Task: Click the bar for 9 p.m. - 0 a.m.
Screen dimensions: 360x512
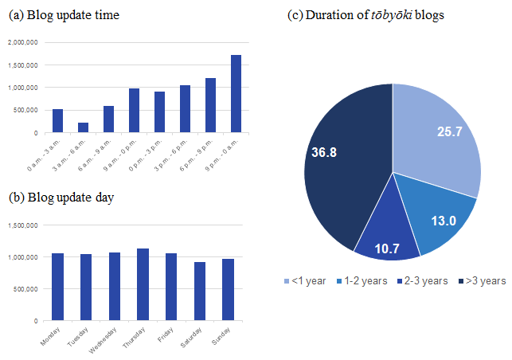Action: (236, 94)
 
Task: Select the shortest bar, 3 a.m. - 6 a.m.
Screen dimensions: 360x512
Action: (83, 127)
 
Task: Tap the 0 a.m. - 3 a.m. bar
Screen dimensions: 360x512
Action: (57, 120)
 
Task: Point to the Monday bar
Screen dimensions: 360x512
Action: (57, 287)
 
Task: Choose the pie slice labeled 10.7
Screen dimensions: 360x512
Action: (388, 243)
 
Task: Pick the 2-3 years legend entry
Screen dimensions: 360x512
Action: (423, 280)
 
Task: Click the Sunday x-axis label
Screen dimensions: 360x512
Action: (221, 335)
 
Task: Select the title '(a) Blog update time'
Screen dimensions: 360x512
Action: (64, 15)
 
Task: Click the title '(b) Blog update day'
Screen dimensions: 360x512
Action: (61, 197)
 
